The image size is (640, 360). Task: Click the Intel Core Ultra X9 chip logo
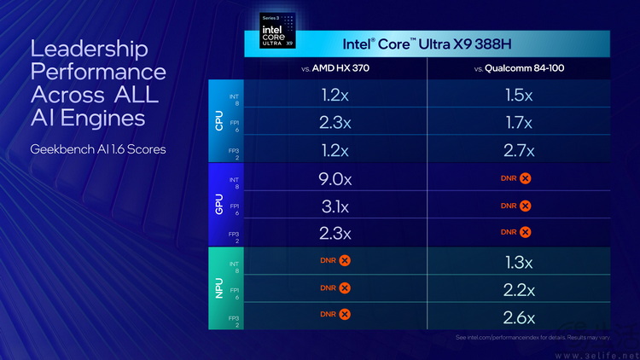point(276,30)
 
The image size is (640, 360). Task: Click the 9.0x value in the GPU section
point(335,179)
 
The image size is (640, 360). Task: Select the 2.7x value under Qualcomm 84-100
point(519,150)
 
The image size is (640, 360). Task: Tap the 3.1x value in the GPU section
point(335,206)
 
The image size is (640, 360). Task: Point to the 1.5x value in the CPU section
point(519,95)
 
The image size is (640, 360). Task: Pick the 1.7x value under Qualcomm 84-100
point(519,122)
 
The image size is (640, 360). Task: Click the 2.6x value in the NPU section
point(519,318)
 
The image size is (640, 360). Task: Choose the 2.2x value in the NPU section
point(519,290)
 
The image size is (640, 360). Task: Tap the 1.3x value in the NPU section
point(519,262)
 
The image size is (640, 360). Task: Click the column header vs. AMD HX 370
point(335,68)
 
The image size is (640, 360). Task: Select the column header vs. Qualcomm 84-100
point(519,68)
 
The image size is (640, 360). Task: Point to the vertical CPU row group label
point(218,122)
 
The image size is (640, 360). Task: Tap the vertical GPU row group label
point(218,206)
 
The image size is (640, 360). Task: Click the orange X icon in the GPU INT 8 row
point(526,178)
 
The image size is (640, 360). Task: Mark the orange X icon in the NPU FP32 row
point(345,315)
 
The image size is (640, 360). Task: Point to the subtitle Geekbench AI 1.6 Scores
point(98,149)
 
